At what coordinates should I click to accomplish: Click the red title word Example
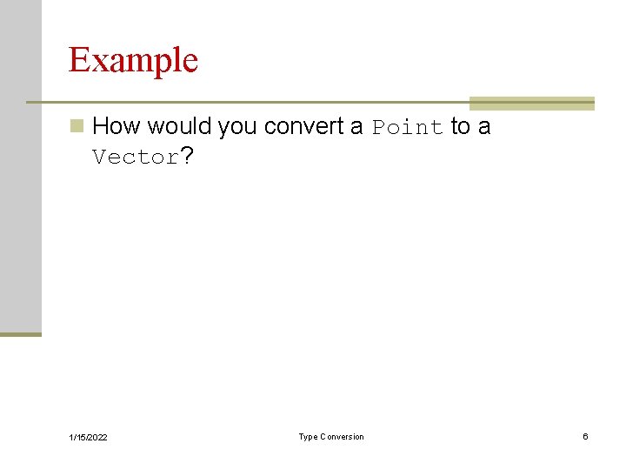coord(133,60)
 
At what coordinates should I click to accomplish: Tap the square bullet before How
coord(77,126)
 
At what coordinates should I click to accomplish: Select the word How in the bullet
coord(116,126)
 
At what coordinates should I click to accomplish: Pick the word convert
coord(303,126)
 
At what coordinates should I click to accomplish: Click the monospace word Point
coord(407,127)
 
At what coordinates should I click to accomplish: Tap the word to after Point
coord(461,126)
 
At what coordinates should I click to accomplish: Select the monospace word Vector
coord(135,158)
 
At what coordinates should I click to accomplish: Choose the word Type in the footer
coord(309,437)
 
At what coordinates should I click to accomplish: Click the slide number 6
coord(585,436)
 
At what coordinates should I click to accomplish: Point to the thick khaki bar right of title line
coord(531,103)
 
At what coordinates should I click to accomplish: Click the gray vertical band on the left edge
coord(20,165)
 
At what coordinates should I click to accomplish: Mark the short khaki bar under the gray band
coord(20,333)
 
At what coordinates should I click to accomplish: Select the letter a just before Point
coord(356,127)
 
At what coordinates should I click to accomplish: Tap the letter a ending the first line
coord(484,127)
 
